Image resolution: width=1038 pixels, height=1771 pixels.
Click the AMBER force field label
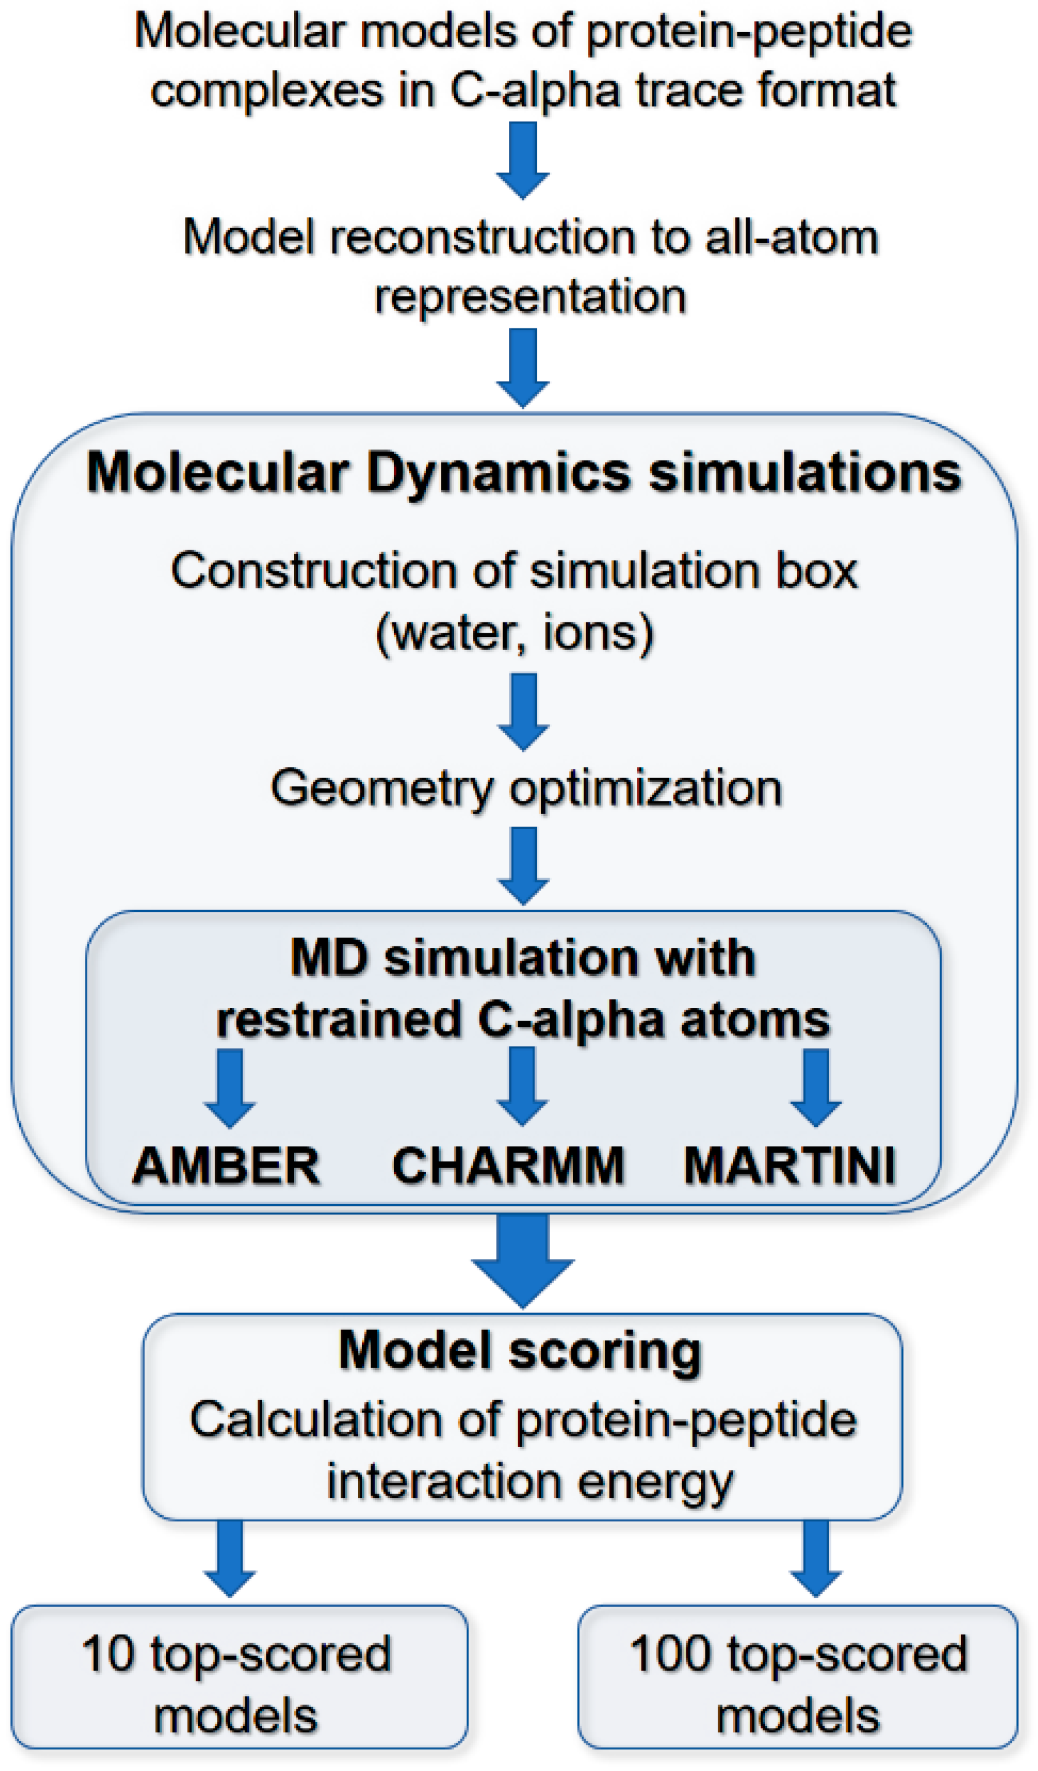226,1167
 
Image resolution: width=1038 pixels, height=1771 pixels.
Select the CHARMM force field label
508,1167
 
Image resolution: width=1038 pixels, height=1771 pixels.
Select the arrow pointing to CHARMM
522,1087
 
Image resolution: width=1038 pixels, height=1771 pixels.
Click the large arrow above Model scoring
522,1261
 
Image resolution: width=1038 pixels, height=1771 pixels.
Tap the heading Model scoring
521,1351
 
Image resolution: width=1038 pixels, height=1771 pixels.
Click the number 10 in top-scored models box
108,1654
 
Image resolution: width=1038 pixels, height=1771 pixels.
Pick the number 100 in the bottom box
671,1654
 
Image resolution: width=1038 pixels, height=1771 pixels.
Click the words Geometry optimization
526,788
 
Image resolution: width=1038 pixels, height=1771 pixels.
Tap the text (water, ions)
515,633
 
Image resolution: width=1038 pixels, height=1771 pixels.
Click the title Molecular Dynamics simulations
523,472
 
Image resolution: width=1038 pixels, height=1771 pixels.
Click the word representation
530,296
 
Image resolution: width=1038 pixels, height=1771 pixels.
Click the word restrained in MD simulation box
338,1020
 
